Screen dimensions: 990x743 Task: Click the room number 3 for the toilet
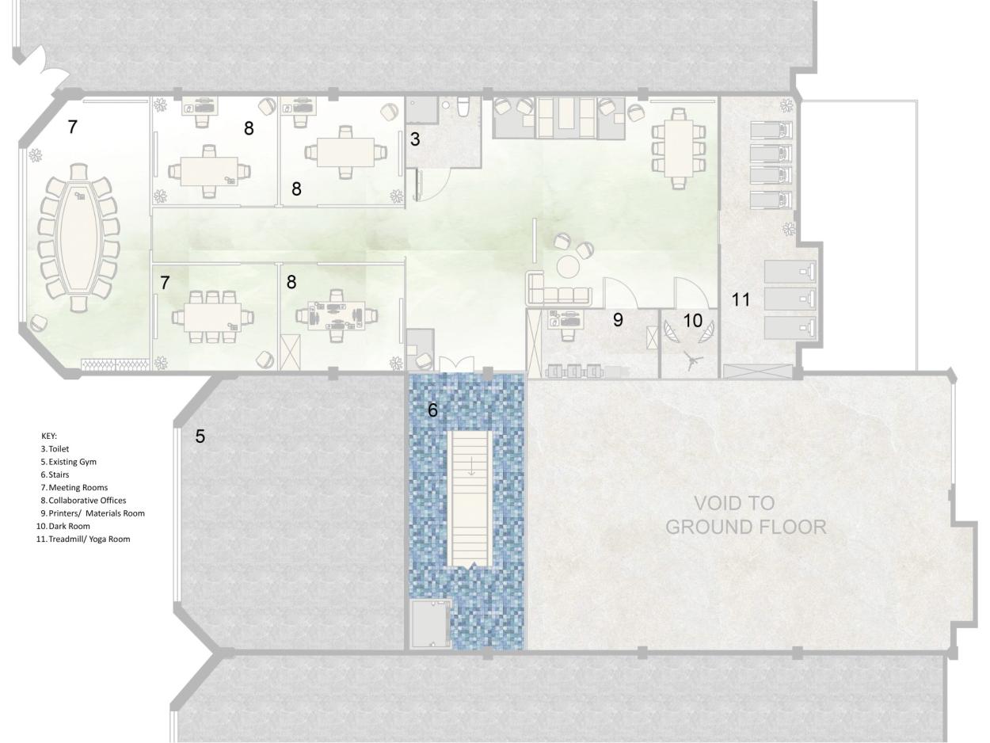[415, 139]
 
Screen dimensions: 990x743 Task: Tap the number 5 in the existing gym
[200, 436]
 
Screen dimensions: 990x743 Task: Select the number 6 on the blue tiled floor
[432, 410]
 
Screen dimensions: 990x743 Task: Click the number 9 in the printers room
[618, 319]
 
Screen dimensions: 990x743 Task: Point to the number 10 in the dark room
[693, 321]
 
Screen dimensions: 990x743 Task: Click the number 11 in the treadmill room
[741, 299]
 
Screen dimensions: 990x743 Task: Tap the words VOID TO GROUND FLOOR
[745, 515]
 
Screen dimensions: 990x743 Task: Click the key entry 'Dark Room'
[69, 526]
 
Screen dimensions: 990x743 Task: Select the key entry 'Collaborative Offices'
[87, 501]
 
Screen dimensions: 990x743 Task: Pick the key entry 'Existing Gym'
[72, 462]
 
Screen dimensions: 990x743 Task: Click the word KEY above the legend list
[49, 436]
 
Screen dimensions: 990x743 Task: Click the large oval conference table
[79, 238]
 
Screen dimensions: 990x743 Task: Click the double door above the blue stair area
[457, 364]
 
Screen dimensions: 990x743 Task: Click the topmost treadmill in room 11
[771, 130]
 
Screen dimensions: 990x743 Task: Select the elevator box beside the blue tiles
[430, 624]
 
